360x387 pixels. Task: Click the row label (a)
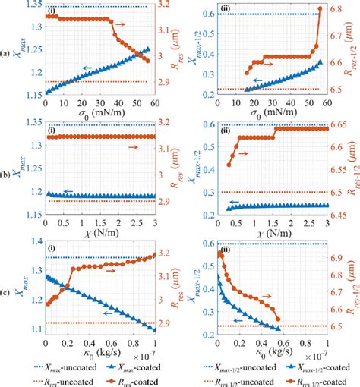[6, 53]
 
